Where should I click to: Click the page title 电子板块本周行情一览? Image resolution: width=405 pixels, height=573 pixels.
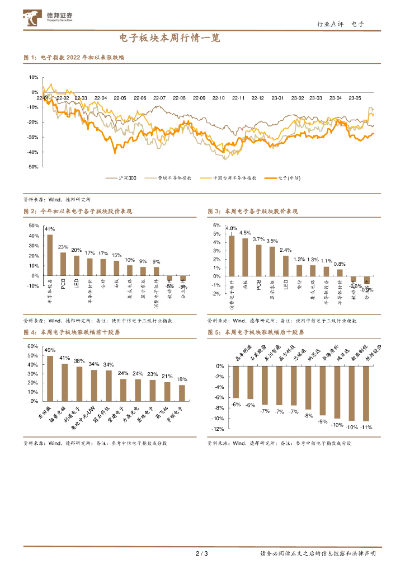169,39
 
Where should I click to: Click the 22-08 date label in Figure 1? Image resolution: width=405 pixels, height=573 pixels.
179,98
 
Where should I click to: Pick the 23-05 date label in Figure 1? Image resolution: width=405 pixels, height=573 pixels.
354,98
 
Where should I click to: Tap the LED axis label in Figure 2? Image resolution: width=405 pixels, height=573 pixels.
77,284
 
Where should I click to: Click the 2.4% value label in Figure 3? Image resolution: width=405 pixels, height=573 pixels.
285,250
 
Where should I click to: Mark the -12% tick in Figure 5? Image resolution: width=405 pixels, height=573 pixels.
218,429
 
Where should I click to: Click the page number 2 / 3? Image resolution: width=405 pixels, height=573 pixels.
202,554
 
